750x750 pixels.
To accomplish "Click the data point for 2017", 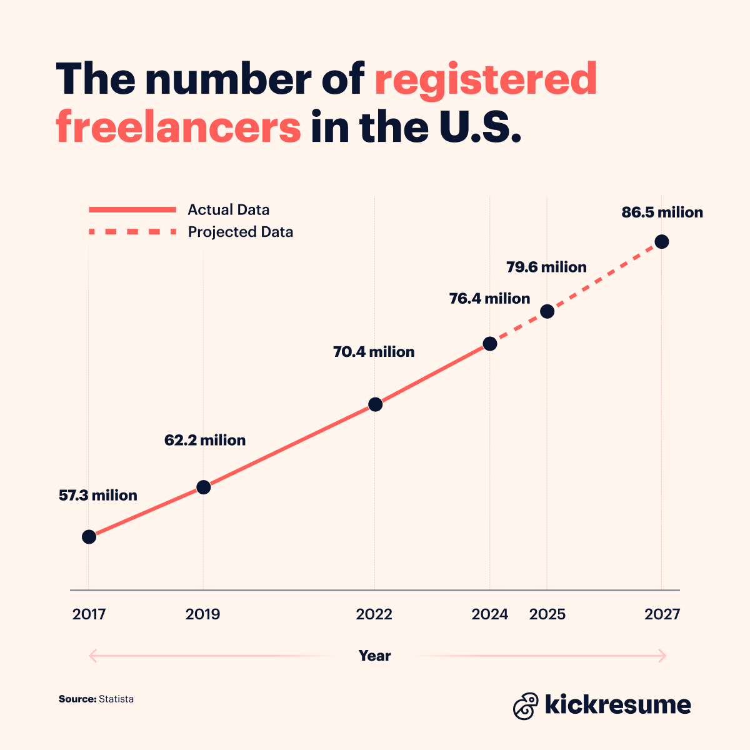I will pos(89,537).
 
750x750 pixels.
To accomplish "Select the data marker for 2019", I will pos(203,487).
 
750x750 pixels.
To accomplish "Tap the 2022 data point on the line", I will pos(375,404).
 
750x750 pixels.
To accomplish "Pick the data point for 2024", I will pos(490,344).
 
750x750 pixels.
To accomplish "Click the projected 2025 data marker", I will pos(547,311).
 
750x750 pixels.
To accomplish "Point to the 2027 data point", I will pos(661,242).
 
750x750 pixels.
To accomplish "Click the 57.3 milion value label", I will pos(98,496).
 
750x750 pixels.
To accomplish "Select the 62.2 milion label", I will pos(205,441).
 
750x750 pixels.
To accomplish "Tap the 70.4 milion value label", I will pos(374,352).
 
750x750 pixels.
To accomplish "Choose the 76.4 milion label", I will pos(489,299).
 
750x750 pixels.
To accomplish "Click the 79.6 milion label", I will pos(546,267).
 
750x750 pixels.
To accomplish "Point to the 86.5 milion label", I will pos(662,212).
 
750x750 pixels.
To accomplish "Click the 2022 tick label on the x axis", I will pos(374,614).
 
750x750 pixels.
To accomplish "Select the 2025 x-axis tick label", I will pos(547,614).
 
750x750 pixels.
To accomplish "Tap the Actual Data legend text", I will pos(228,210).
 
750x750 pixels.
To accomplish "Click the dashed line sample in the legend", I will pos(132,232).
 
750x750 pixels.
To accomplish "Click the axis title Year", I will pos(374,656).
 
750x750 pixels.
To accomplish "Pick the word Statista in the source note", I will pos(116,699).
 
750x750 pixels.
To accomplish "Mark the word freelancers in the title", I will pos(179,126).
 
